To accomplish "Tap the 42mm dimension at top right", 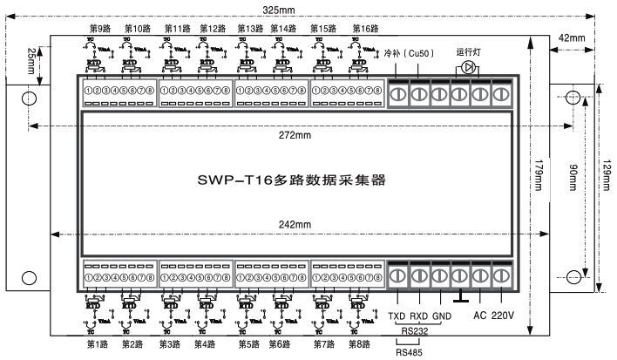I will pos(571,38).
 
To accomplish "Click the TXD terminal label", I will pos(398,316).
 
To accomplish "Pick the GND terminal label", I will pos(441,316).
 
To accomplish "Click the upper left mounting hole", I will pos(28,98).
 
